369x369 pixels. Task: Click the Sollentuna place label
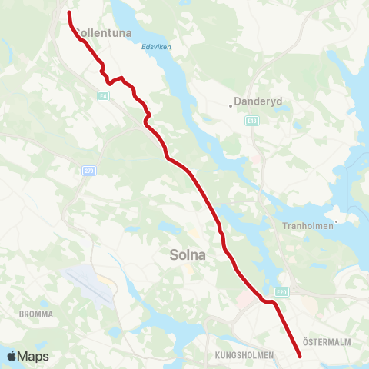tap(105, 33)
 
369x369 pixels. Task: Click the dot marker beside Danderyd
tap(231, 102)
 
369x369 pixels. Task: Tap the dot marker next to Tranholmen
tap(337, 219)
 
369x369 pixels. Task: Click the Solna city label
tap(188, 254)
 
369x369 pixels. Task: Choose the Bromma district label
tap(35, 314)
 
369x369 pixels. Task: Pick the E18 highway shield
tap(251, 121)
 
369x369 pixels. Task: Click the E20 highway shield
tap(284, 291)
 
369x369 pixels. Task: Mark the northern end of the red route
tap(69, 12)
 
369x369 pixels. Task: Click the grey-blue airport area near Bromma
tap(92, 284)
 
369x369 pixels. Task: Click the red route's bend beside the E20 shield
tap(271, 301)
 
